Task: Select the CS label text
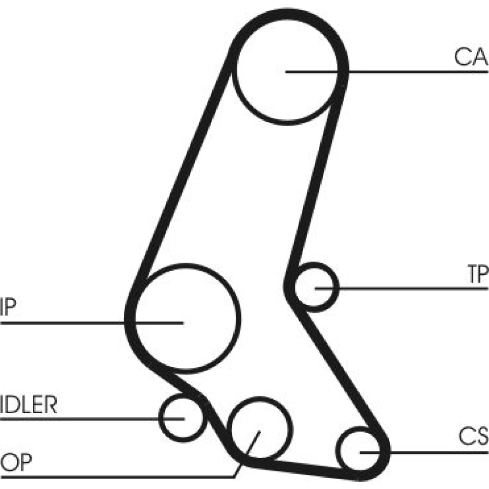pyautogui.click(x=473, y=436)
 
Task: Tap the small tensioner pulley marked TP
pyautogui.click(x=314, y=287)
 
